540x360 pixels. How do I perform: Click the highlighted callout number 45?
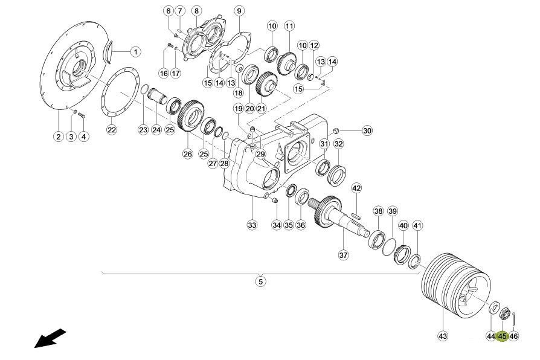502,335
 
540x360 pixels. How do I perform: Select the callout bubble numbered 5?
260,281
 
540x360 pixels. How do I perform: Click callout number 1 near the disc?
135,52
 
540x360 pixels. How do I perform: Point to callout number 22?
112,129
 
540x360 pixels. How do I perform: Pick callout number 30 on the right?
367,130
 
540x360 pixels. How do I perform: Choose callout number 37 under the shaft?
343,255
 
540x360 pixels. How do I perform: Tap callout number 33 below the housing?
251,225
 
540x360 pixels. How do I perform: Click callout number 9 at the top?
239,11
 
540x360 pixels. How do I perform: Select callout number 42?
356,188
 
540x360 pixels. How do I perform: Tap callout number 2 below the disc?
58,137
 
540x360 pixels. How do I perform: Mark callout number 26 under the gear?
187,154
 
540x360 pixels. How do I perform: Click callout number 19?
238,109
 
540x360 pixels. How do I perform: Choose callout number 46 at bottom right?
514,335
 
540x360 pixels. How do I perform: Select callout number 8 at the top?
196,11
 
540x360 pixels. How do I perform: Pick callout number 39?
392,211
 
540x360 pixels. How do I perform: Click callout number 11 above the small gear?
289,26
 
